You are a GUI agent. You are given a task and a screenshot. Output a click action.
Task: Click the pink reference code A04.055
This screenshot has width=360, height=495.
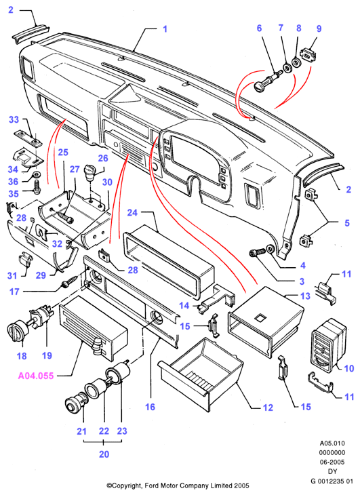pos(36,376)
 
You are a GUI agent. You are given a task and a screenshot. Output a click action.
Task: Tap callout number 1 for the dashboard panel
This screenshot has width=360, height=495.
pos(165,29)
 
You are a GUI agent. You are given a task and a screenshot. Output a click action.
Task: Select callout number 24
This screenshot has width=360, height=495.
pos(132,212)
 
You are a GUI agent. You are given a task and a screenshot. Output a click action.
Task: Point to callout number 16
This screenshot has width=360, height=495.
pos(151,407)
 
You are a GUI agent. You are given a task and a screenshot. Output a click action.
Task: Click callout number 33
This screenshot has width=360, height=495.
pos(14,119)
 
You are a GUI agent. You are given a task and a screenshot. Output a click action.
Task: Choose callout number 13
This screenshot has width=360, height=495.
pos(305,296)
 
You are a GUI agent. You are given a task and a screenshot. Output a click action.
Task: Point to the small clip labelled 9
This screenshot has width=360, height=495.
pos(308,54)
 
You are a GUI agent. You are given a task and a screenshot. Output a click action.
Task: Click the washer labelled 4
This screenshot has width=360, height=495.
pos(271,250)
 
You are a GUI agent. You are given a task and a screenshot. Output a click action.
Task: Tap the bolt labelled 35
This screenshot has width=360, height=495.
pos(37,186)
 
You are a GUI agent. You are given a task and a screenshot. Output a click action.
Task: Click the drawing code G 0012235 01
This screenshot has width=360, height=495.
pos(332,481)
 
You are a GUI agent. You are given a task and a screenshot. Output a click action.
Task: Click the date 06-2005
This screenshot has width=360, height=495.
pos(332,462)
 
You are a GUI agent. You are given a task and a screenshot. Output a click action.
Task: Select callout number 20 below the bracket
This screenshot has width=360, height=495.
pos(104,454)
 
